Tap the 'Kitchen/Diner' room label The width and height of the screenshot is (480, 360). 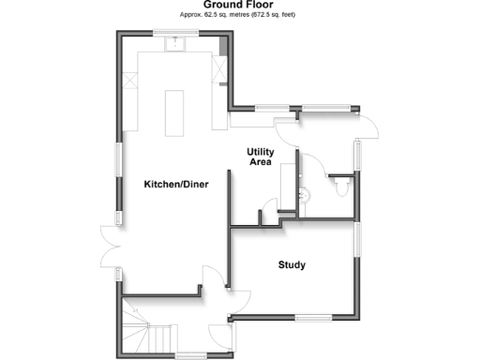[x=175, y=184]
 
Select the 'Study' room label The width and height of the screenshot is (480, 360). [x=292, y=264]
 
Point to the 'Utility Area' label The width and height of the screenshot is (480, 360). [x=260, y=157]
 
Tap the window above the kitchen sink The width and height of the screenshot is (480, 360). [x=176, y=35]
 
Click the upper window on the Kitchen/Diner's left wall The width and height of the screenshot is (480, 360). [x=118, y=157]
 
